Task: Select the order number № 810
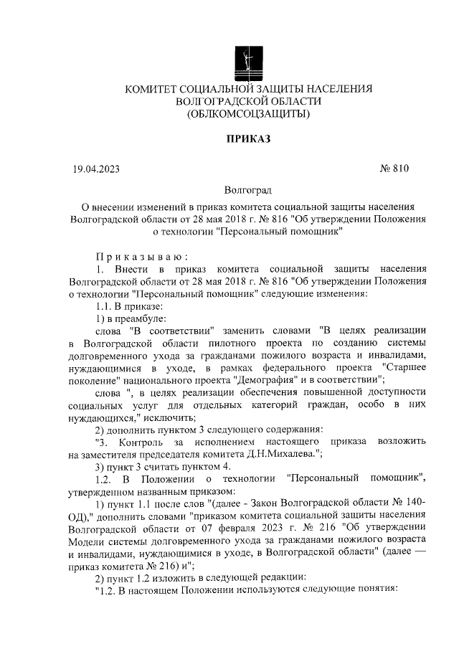click(393, 169)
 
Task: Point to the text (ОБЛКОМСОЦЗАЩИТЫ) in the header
click(248, 114)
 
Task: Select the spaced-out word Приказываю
click(142, 256)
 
